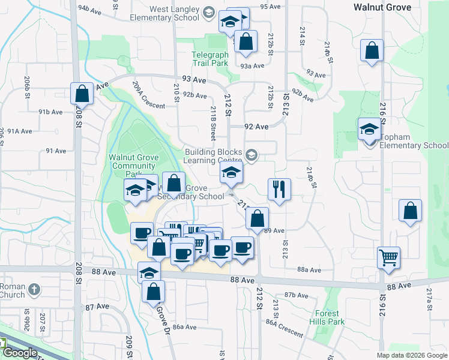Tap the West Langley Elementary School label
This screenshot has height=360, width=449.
click(x=166, y=14)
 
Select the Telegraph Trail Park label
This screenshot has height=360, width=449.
click(x=210, y=58)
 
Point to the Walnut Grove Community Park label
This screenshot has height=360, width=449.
click(x=133, y=165)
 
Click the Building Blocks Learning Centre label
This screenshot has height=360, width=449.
click(x=216, y=156)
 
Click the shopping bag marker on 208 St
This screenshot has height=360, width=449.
click(x=82, y=94)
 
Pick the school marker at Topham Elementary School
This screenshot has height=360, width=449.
click(x=369, y=130)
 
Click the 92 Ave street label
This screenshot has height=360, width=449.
click(x=256, y=127)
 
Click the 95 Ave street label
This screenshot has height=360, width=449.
click(x=270, y=7)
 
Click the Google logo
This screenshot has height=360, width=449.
click(x=19, y=352)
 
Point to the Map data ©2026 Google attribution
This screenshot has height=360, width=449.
click(x=411, y=355)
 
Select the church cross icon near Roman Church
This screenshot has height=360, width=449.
click(x=35, y=289)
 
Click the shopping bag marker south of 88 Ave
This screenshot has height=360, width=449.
click(x=154, y=292)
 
